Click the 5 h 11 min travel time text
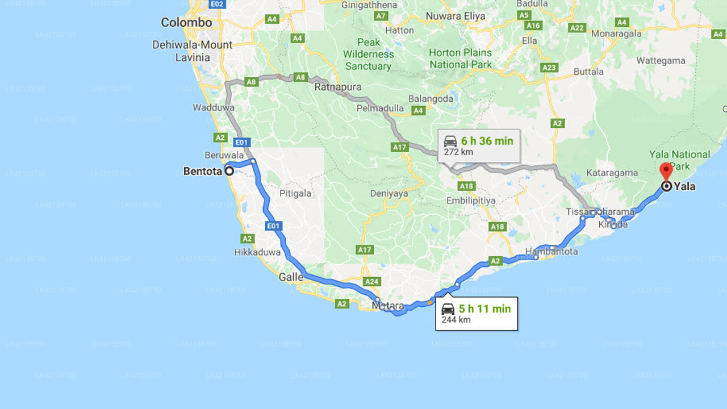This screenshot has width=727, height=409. click(484, 309)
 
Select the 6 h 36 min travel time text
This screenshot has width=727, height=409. click(487, 141)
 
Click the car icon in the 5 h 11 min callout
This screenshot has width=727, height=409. click(448, 309)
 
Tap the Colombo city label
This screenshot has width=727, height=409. click(186, 23)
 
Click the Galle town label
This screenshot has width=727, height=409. click(291, 277)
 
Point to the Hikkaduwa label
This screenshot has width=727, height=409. click(257, 252)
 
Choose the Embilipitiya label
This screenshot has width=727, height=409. click(471, 201)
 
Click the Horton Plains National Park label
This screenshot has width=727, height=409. click(460, 59)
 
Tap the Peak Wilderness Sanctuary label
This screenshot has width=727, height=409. click(369, 54)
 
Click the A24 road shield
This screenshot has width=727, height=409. click(371, 282)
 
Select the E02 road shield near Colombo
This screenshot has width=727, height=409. click(217, 5)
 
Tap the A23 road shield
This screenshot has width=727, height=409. click(549, 68)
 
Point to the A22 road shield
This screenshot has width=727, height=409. click(577, 27)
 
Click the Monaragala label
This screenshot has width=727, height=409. click(616, 34)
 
